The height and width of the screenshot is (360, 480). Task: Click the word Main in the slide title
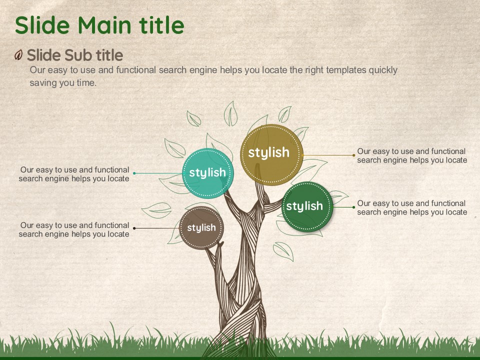pos(104,25)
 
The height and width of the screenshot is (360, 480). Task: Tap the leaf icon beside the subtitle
pos(18,55)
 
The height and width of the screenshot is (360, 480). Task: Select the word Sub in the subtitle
pos(78,55)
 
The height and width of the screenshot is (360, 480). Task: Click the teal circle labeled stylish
pos(208,172)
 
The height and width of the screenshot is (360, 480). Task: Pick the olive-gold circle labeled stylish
pos(271,154)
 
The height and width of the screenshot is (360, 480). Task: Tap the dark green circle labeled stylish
pos(307,207)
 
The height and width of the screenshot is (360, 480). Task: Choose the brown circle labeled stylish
pos(201,228)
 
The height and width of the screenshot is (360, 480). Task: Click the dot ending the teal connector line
pos(134,173)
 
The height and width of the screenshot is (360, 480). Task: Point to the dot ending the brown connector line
pos(134,228)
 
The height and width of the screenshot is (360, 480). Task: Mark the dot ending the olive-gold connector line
pos(354,155)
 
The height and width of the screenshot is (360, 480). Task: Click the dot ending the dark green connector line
pos(354,207)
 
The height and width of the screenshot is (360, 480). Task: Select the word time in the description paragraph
pos(86,82)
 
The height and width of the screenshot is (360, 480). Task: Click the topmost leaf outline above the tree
pos(231,114)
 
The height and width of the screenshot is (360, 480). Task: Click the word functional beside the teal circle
pos(112,169)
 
